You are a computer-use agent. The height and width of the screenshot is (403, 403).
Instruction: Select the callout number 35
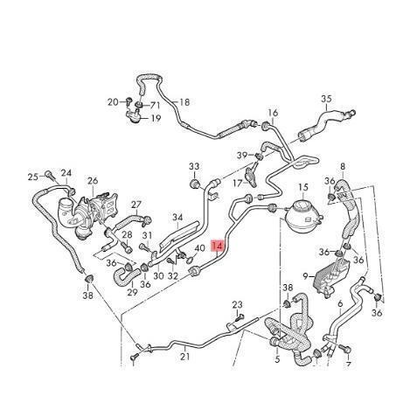326,99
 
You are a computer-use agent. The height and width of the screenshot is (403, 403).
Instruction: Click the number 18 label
184,102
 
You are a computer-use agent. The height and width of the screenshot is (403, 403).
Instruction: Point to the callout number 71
155,105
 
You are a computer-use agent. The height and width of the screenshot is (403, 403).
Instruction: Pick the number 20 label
113,102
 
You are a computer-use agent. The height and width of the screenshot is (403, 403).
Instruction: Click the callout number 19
156,118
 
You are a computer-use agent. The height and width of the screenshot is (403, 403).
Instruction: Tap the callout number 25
33,177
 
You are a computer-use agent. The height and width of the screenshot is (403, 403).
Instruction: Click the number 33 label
194,166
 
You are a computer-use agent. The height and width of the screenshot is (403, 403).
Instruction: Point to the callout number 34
177,218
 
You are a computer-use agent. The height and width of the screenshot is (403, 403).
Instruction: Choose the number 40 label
199,248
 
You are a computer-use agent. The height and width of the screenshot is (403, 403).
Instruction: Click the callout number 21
185,356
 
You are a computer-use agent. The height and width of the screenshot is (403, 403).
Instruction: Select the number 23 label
237,305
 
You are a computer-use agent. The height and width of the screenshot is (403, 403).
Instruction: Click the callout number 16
273,113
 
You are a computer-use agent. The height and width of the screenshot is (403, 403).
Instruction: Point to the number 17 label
238,184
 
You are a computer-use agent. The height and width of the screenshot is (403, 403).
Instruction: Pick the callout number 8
343,166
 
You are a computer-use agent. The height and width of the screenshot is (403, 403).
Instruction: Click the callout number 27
135,205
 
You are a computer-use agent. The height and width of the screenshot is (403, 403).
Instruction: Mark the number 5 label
277,359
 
